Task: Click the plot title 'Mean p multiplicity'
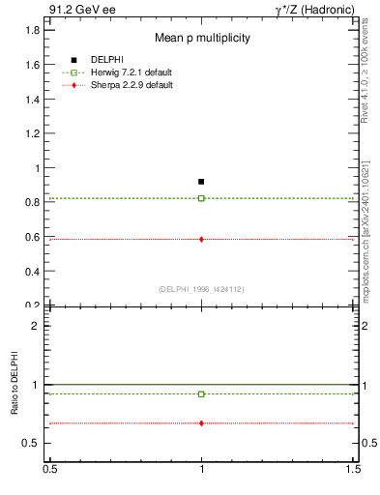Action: (203, 39)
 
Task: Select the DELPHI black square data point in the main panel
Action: (201, 181)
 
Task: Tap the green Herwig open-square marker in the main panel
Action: (201, 198)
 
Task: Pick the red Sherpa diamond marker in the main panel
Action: (201, 239)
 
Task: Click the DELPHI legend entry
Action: (106, 60)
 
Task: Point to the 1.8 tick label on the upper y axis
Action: (33, 30)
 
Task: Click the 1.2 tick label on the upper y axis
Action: (33, 133)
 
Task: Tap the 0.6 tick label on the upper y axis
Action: (33, 237)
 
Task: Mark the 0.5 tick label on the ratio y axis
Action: (32, 443)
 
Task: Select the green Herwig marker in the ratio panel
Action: (201, 393)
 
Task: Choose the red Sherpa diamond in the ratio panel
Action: (201, 423)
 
